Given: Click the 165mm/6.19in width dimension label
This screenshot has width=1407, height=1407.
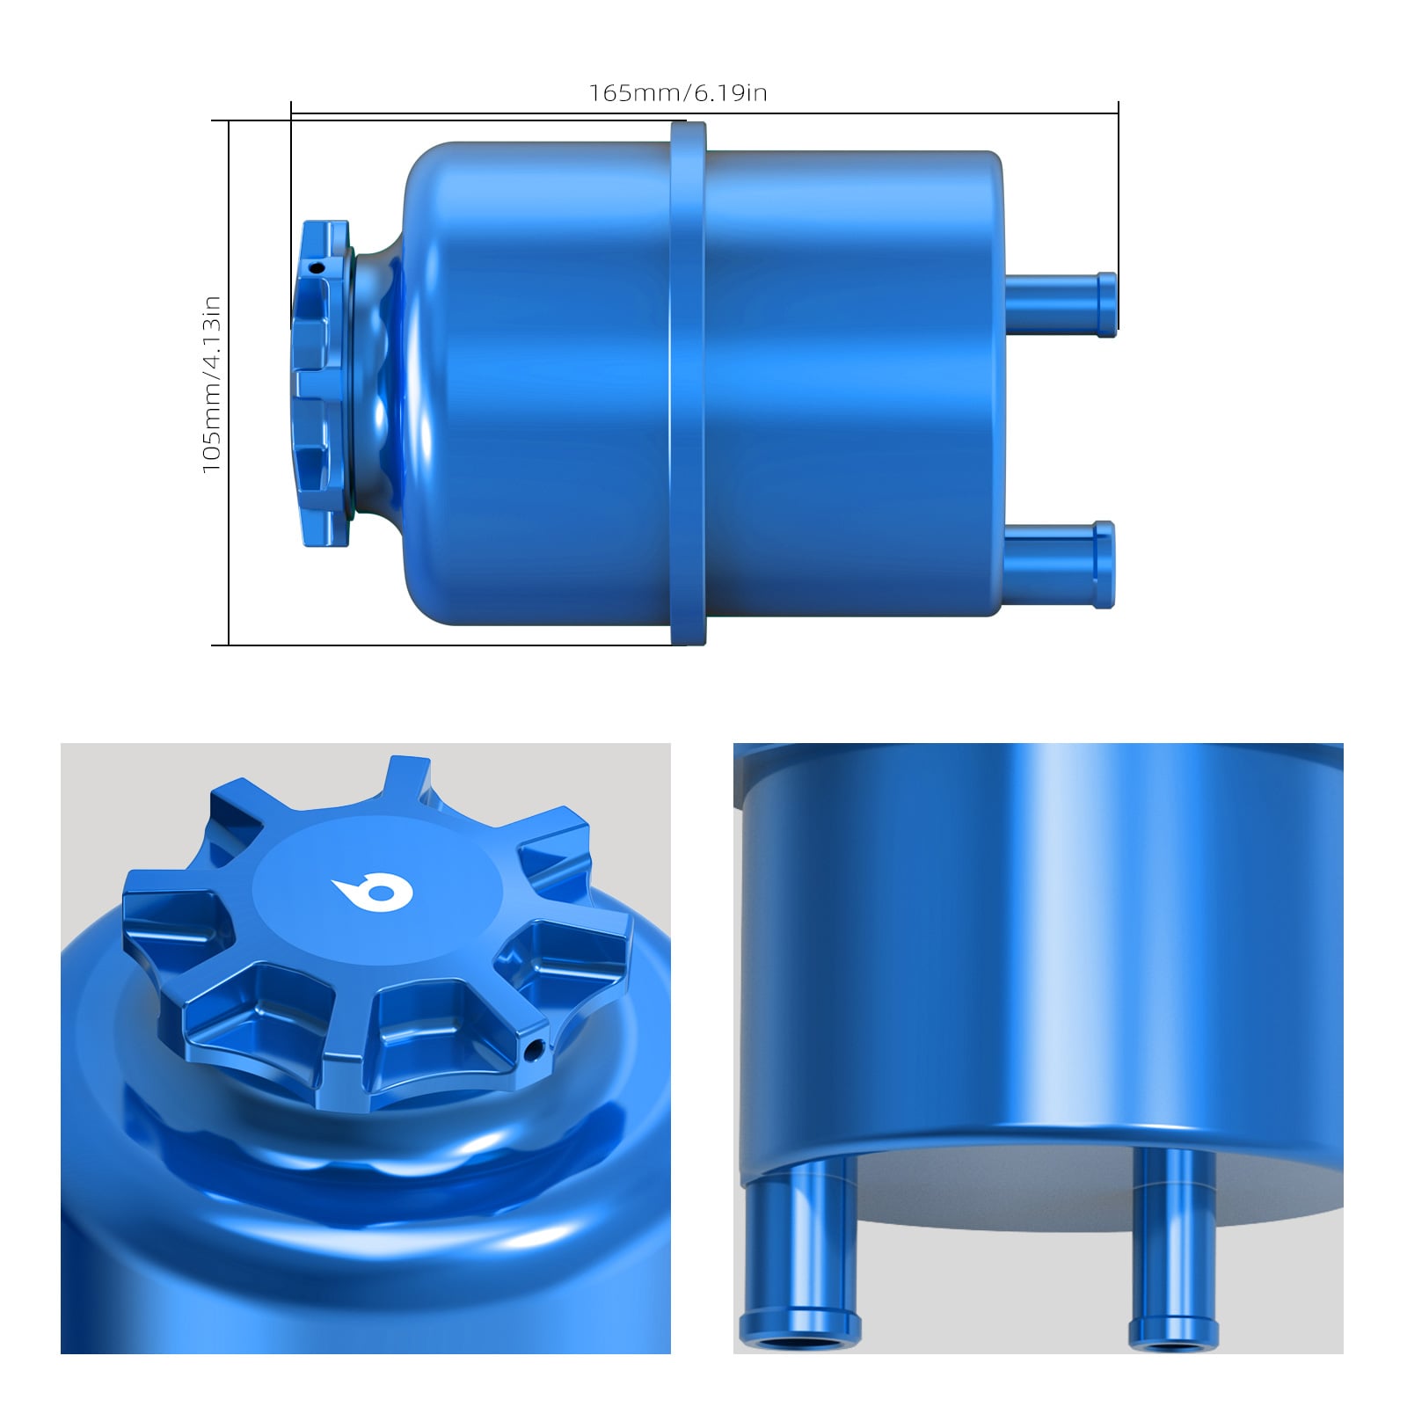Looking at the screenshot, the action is pyautogui.click(x=678, y=93).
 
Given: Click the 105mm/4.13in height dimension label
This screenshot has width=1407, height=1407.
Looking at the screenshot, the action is pyautogui.click(x=211, y=384).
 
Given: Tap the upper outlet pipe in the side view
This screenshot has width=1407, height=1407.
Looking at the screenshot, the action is pyautogui.click(x=1061, y=303).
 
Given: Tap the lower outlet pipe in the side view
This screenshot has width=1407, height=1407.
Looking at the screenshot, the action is pyautogui.click(x=1059, y=565).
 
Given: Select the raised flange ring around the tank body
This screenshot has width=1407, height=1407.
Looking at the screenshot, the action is pyautogui.click(x=688, y=383).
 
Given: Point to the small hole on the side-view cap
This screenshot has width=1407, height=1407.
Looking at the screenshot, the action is pyautogui.click(x=320, y=266).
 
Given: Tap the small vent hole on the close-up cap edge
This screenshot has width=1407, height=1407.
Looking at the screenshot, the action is pyautogui.click(x=532, y=1048).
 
